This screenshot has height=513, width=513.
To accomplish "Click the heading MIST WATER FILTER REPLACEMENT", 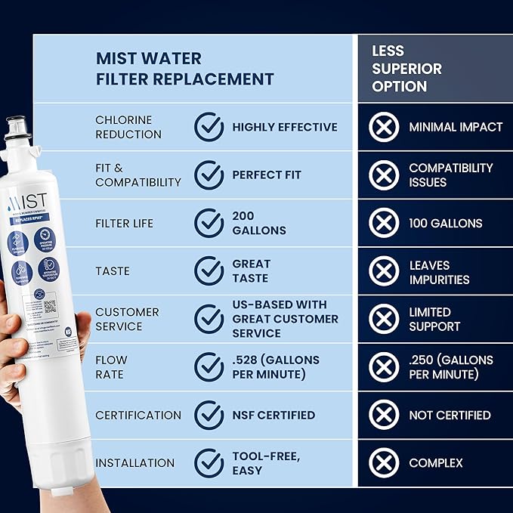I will pyautogui.click(x=184, y=69).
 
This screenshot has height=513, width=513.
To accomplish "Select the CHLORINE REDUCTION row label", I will pyautogui.click(x=128, y=127).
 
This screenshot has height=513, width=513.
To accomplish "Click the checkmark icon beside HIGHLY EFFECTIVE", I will pyautogui.click(x=209, y=127).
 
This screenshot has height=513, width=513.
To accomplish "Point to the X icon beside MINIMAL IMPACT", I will pyautogui.click(x=384, y=127).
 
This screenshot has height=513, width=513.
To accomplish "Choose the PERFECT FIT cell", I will pyautogui.click(x=267, y=175).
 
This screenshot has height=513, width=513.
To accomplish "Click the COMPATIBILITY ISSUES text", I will pyautogui.click(x=450, y=175).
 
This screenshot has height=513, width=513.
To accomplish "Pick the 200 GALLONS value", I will pyautogui.click(x=258, y=223).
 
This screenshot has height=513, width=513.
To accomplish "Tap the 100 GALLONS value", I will pyautogui.click(x=446, y=223).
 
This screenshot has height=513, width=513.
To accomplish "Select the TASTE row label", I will pyautogui.click(x=113, y=271).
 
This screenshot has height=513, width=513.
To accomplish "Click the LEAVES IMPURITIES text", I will pyautogui.click(x=439, y=272).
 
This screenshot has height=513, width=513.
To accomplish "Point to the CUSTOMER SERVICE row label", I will pyautogui.click(x=127, y=319).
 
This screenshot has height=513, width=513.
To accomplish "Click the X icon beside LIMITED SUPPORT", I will pyautogui.click(x=384, y=319).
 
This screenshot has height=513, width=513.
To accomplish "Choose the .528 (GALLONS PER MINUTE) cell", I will pyautogui.click(x=276, y=367).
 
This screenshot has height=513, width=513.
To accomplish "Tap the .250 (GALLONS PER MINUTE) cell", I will pyautogui.click(x=451, y=367).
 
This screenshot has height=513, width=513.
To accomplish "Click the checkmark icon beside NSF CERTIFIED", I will pyautogui.click(x=209, y=415).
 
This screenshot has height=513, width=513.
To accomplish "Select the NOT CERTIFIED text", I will pyautogui.click(x=450, y=415).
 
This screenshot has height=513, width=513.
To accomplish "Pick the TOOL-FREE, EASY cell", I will pyautogui.click(x=267, y=462).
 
